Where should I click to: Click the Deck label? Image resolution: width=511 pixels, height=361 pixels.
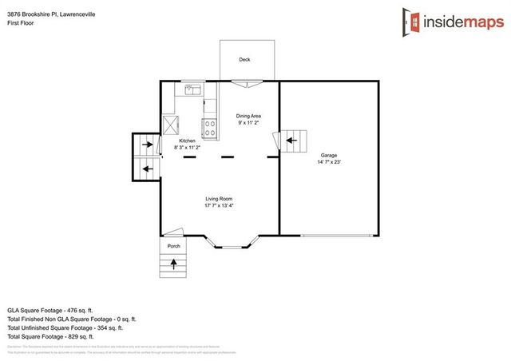[x=244, y=60]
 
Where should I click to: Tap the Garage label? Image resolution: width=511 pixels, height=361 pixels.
[x=328, y=155]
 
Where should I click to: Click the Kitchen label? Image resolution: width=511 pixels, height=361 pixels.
[x=188, y=141]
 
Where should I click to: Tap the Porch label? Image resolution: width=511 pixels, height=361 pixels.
[x=175, y=247]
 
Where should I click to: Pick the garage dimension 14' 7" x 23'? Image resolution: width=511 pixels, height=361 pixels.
[x=328, y=162]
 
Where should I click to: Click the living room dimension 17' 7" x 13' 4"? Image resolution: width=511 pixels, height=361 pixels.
[x=219, y=206]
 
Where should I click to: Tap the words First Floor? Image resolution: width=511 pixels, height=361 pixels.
[x=19, y=15]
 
